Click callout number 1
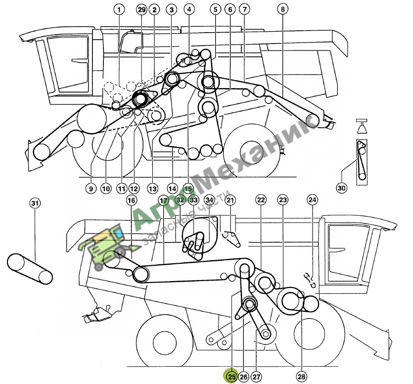point(119,10)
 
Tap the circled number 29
point(141,10)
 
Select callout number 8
point(282,9)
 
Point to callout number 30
point(341,188)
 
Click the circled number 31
point(35,203)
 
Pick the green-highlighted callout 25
point(231,377)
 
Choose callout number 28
point(301,377)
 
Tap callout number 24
point(312,200)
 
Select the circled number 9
point(91,189)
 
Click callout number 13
point(153,189)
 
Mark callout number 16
point(131,200)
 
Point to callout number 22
point(261,200)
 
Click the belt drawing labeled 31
point(30,269)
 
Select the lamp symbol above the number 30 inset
point(362,126)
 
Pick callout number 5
point(216,9)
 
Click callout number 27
point(256,377)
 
